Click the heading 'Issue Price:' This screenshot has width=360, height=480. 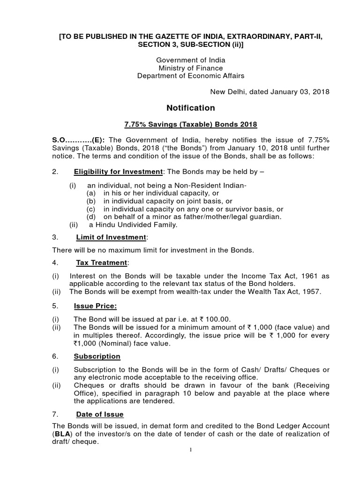pos(95,307)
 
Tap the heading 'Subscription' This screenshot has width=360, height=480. pos(97,357)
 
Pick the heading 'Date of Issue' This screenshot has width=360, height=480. pos(100,414)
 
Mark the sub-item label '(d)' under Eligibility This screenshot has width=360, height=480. pos(91,217)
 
